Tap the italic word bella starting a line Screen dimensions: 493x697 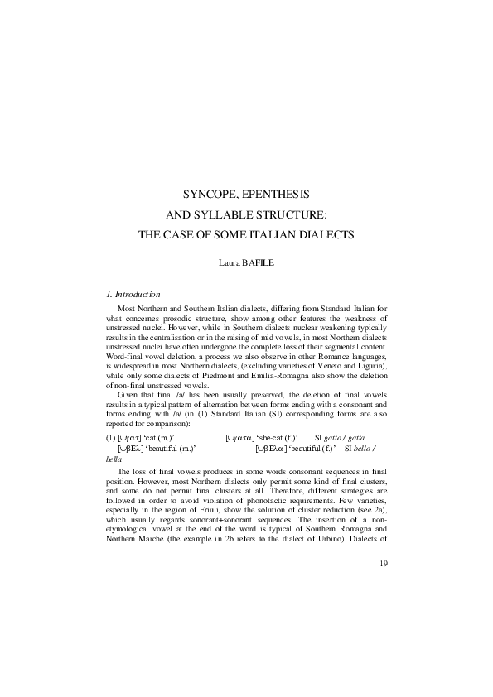(x=115, y=456)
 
